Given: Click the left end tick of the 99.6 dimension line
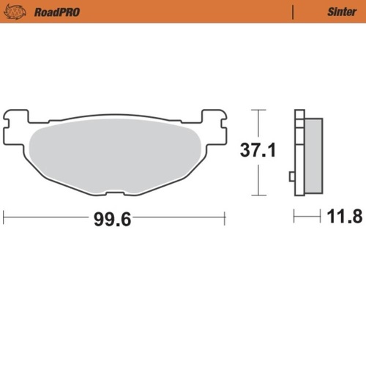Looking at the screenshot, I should pos(4,216).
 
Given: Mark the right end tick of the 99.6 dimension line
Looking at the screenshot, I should pos(224,216).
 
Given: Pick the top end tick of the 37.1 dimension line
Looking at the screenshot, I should pos(255,109).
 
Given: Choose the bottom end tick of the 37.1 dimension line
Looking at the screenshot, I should pos(255,195).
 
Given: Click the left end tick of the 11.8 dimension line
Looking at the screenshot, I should pos(294,216).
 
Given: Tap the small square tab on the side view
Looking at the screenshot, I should pos(292,176).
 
